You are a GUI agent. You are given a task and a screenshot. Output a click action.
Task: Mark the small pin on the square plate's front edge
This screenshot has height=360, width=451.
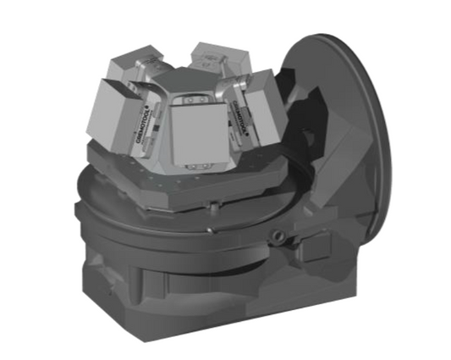click(x=217, y=202)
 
